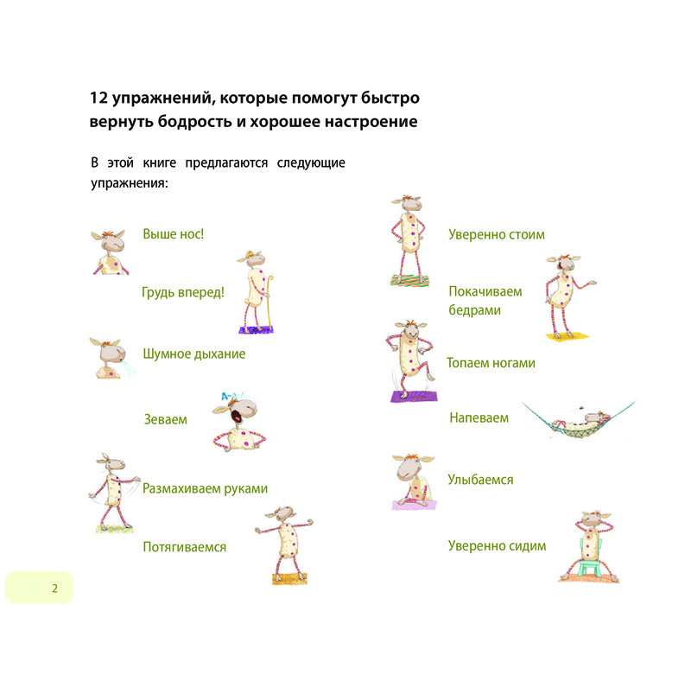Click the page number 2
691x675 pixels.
[54, 589]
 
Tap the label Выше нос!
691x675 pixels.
[174, 233]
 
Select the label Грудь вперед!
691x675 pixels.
[183, 292]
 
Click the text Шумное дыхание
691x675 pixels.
[193, 354]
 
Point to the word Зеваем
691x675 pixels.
[166, 419]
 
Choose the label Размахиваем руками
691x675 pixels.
[205, 488]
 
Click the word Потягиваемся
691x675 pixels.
[185, 547]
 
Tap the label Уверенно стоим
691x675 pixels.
[497, 234]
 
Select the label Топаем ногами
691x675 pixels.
[491, 363]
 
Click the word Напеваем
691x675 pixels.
[479, 417]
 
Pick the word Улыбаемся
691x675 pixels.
[481, 480]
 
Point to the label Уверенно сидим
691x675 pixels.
[498, 546]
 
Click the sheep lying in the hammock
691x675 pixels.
[580, 421]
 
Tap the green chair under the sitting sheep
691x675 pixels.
[590, 560]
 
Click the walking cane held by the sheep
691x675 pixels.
[269, 303]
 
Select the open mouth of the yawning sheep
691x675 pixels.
[236, 416]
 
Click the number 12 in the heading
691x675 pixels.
[98, 98]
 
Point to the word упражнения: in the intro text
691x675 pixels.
[130, 183]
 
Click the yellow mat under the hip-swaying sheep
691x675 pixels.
[567, 336]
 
